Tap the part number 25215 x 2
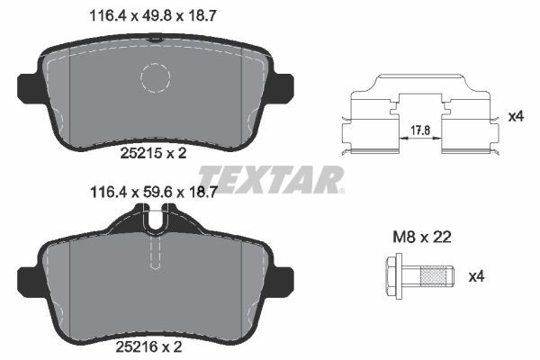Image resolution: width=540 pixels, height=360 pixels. pyautogui.click(x=153, y=154)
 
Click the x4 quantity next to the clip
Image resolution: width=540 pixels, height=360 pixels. pyautogui.click(x=516, y=116)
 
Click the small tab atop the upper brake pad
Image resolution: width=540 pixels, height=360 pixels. pyautogui.click(x=157, y=39)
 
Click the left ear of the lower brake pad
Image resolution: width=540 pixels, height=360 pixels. pyautogui.click(x=28, y=278)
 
